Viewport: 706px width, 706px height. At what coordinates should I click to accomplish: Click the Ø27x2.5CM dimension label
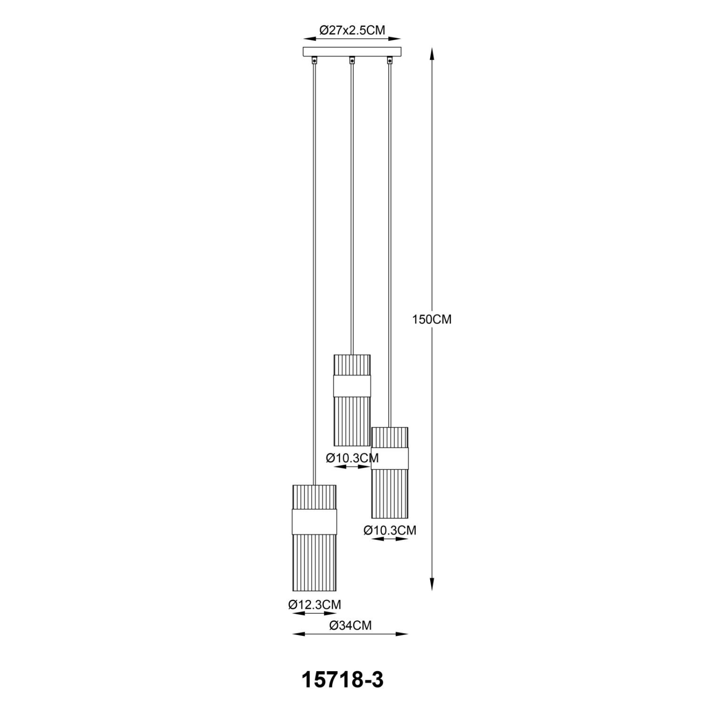tap(352, 30)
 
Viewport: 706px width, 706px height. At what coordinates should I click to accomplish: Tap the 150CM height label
tap(432, 320)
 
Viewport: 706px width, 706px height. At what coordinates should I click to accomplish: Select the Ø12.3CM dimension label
tap(314, 604)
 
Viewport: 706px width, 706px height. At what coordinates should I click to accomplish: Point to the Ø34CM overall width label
tap(350, 625)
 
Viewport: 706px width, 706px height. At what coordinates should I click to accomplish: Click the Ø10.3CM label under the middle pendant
tap(352, 457)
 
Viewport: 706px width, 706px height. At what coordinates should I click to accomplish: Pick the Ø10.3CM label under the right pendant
tap(390, 530)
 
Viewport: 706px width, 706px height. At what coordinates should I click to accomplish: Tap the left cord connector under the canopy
tap(314, 60)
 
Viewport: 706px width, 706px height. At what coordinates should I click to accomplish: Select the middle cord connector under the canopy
tap(352, 60)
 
